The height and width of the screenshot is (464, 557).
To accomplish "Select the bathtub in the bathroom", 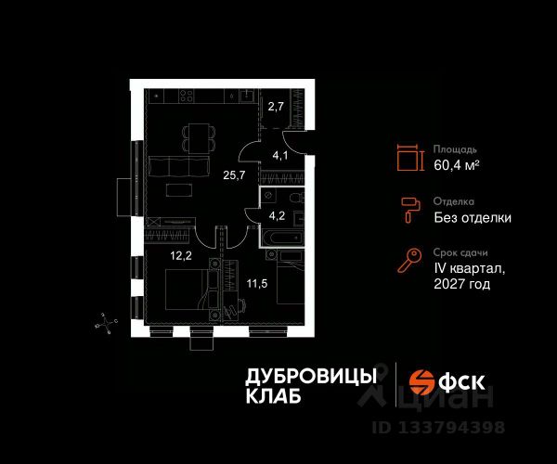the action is click(280, 239).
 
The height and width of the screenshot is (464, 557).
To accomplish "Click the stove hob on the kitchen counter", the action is click(185, 96).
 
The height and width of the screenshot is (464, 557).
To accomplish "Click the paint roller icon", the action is click(408, 211).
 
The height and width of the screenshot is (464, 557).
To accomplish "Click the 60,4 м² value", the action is click(457, 166).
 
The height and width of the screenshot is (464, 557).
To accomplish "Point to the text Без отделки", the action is click(473, 218).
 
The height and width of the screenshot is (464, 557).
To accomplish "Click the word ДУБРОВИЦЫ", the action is click(311, 375).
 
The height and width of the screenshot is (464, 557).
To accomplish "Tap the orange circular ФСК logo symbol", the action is click(422, 380).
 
